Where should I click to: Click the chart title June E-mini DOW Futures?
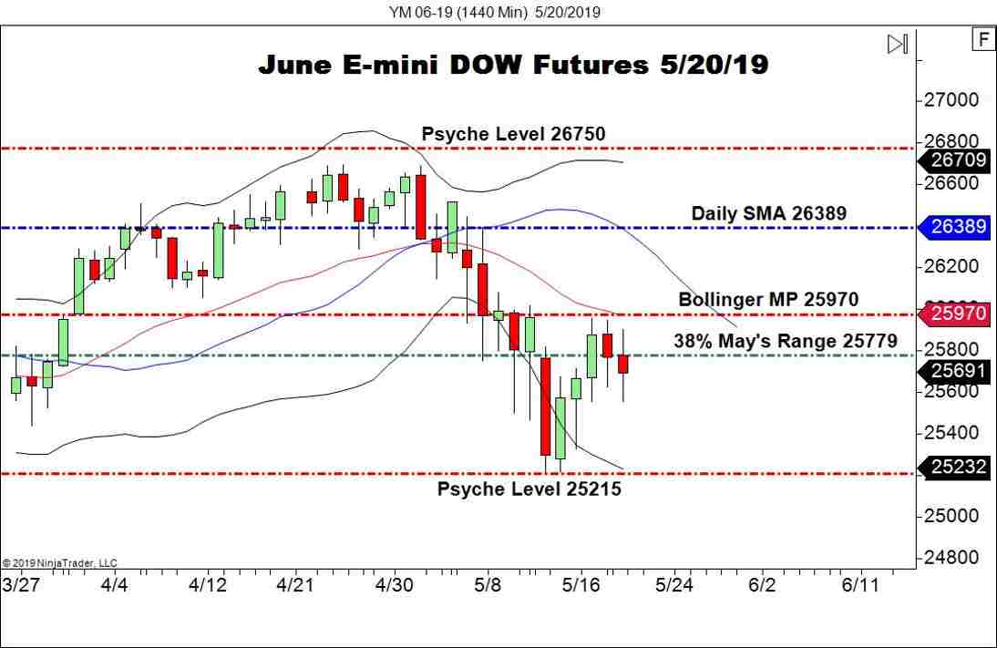coord(513,65)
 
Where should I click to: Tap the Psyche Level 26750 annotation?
coord(513,134)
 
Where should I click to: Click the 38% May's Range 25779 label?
coord(785,341)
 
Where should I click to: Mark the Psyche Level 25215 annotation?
coord(529,489)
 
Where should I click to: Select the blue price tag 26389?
coord(958,226)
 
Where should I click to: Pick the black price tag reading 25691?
coord(958,370)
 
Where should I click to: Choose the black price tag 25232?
coord(958,467)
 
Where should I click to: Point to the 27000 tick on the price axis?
coord(951,99)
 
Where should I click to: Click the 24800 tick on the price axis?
coord(951,557)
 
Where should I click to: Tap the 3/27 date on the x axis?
coord(20,584)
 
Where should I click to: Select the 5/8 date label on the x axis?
coord(488,584)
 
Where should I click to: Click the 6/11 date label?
coord(859,584)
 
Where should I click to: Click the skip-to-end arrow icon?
coord(897,44)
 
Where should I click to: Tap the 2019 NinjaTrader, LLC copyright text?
coord(60,563)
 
